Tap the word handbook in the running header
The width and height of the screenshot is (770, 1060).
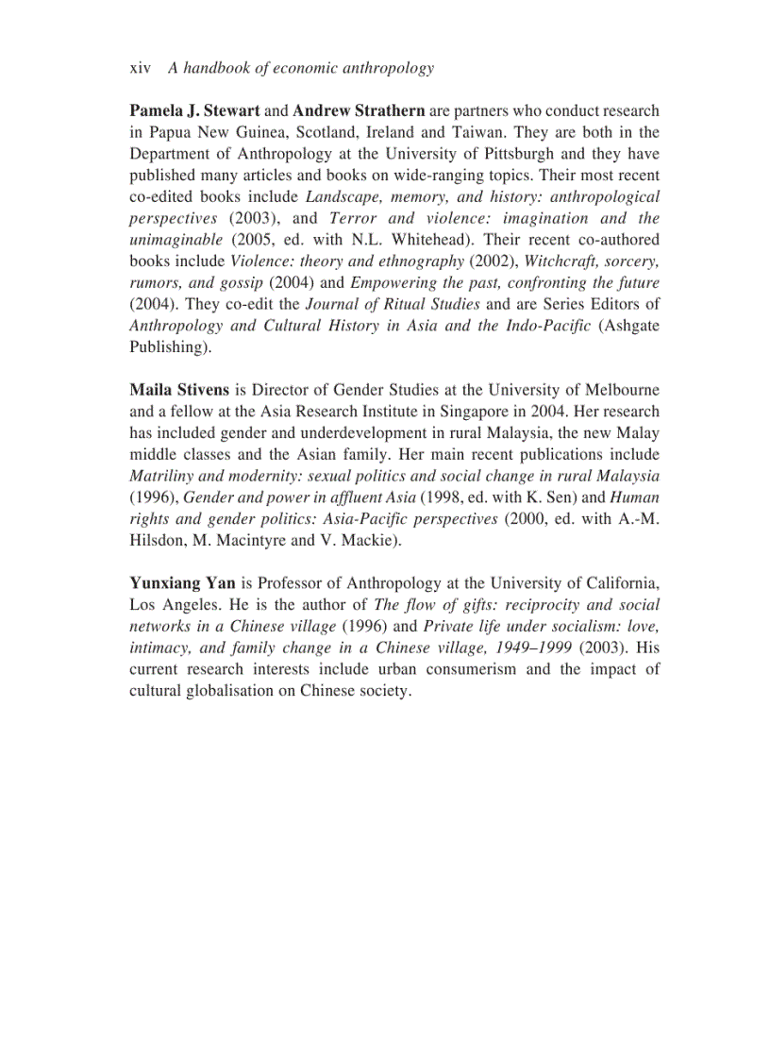tap(219, 68)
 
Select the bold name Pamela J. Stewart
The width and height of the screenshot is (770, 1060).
tap(194, 111)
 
